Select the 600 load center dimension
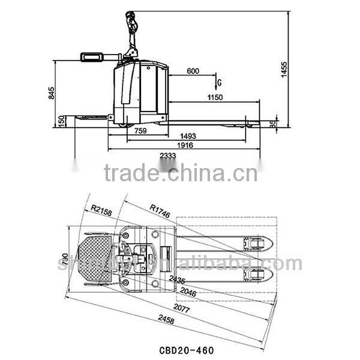pos(193,71)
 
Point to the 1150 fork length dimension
pos(215,97)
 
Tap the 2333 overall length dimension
pos(167,155)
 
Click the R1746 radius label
pos(161,209)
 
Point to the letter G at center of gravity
pos(220,82)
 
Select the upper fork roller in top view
pos(256,242)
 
